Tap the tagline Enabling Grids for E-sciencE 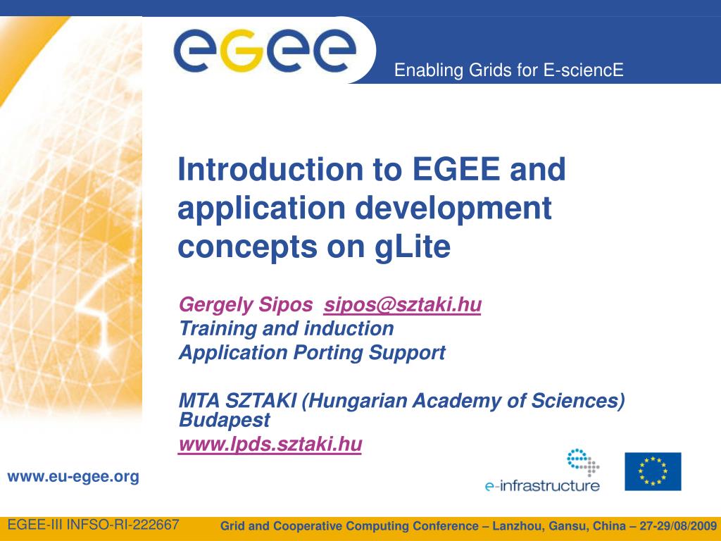pyautogui.click(x=508, y=70)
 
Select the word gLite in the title pyautogui.click(x=413, y=247)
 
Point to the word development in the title pyautogui.click(x=453, y=208)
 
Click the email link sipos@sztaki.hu pyautogui.click(x=402, y=304)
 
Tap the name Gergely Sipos pyautogui.click(x=246, y=305)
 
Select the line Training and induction pyautogui.click(x=287, y=328)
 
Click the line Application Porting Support pyautogui.click(x=312, y=353)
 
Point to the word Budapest pyautogui.click(x=225, y=420)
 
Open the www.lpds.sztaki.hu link pyautogui.click(x=270, y=444)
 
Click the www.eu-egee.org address pyautogui.click(x=73, y=477)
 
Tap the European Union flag pyautogui.click(x=653, y=471)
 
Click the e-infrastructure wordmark pyautogui.click(x=542, y=486)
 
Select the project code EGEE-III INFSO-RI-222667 pyautogui.click(x=94, y=524)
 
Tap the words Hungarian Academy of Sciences pyautogui.click(x=463, y=401)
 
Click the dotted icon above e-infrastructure pyautogui.click(x=582, y=462)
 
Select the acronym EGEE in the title pyautogui.click(x=456, y=169)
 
